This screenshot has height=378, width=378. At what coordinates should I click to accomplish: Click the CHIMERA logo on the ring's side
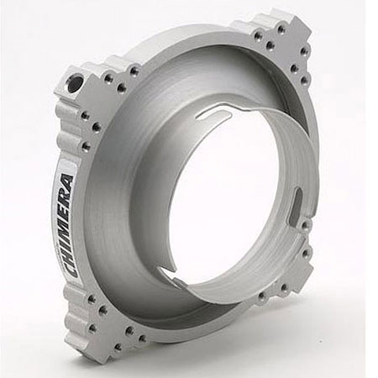(x=67, y=225)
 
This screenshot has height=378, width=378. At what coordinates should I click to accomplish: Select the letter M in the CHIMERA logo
(x=67, y=227)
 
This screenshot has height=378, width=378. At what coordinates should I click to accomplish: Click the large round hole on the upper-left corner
(x=76, y=84)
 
